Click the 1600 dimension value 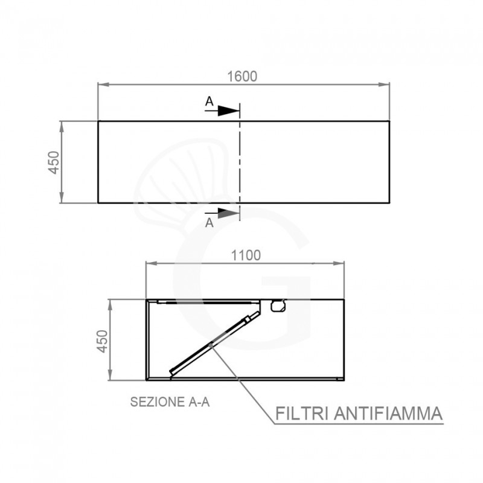(x=242, y=77)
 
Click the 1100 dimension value (x=246, y=255)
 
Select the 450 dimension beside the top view (x=54, y=162)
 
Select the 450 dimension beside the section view (x=103, y=341)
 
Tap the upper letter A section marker (x=209, y=101)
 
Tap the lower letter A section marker (x=209, y=222)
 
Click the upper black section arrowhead (x=229, y=110)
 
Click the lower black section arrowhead (x=229, y=213)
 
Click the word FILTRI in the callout (x=301, y=414)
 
